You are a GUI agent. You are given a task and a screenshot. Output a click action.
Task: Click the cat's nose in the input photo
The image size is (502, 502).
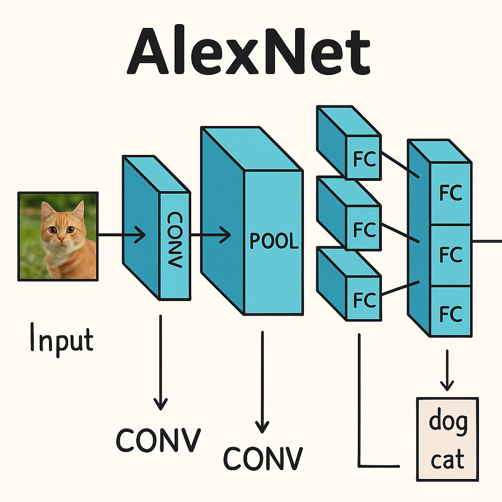(x=61, y=239)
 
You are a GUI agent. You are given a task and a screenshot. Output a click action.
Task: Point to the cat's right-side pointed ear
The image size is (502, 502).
(x=78, y=210)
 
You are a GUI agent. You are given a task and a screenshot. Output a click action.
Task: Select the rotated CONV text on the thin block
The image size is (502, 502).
(x=175, y=240)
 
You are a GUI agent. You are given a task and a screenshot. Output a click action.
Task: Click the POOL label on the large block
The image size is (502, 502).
(x=274, y=241)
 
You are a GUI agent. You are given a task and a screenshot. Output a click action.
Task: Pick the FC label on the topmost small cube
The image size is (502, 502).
(x=364, y=159)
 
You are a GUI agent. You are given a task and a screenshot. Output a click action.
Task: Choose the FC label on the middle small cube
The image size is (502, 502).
(x=364, y=229)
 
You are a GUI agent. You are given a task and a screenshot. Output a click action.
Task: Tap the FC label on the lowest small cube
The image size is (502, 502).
(x=364, y=299)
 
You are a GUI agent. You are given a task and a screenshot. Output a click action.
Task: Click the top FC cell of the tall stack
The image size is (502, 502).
(x=451, y=194)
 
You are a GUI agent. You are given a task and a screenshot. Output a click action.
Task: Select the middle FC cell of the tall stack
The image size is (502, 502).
(x=451, y=254)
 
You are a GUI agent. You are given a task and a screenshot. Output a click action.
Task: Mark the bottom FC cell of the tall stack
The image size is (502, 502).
(x=451, y=313)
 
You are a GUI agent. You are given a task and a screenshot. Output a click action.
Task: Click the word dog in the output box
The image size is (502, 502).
(x=448, y=422)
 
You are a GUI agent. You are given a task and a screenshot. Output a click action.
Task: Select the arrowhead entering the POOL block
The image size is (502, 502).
(x=226, y=235)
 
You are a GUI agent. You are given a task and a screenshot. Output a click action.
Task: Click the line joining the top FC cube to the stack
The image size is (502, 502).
(x=400, y=164)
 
